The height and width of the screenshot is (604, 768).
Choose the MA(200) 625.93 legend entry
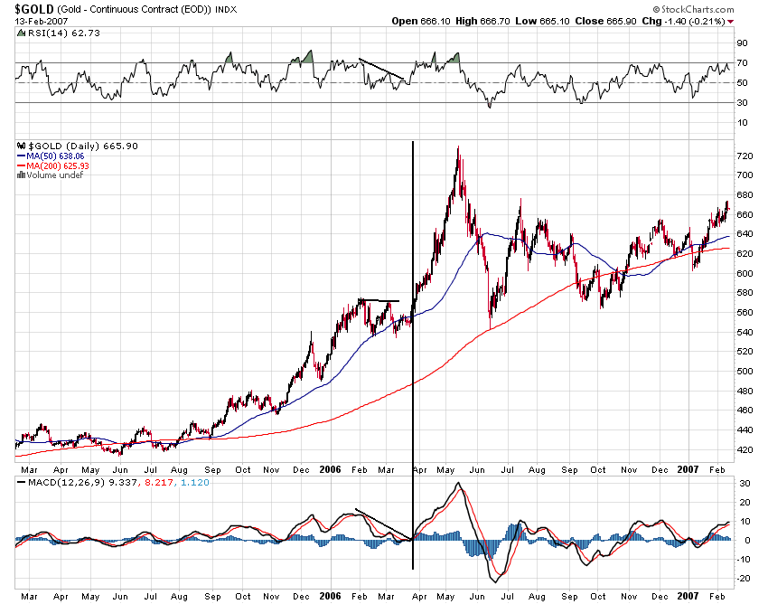tap(53, 165)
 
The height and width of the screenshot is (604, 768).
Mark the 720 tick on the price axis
tap(745, 156)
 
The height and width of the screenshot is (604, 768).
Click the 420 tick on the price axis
tap(745, 449)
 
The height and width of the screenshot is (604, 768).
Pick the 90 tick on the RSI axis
tap(742, 42)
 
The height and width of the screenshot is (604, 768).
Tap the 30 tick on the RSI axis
tap(742, 102)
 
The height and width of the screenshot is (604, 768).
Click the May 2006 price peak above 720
tap(458, 148)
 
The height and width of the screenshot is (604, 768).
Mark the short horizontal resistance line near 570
tap(379, 300)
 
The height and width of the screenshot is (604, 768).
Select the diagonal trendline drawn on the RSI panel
tap(381, 70)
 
